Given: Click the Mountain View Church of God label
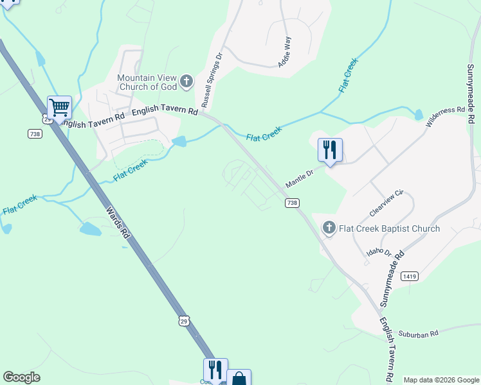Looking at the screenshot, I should [147, 82].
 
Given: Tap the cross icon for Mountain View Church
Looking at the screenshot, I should [186, 81].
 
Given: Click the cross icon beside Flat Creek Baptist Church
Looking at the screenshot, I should [329, 228].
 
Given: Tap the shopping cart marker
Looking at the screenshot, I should [59, 107].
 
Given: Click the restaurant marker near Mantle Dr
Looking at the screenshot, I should [330, 150].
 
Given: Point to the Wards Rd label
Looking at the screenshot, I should [118, 222].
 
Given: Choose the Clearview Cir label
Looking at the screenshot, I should [386, 201].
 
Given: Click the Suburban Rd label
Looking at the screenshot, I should [418, 334].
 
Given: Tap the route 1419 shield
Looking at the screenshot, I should [409, 276].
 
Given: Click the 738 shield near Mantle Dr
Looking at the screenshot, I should [292, 203].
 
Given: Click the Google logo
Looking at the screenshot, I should [21, 377].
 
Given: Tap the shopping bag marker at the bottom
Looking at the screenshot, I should [239, 379].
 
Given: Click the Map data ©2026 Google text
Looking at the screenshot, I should [440, 380].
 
